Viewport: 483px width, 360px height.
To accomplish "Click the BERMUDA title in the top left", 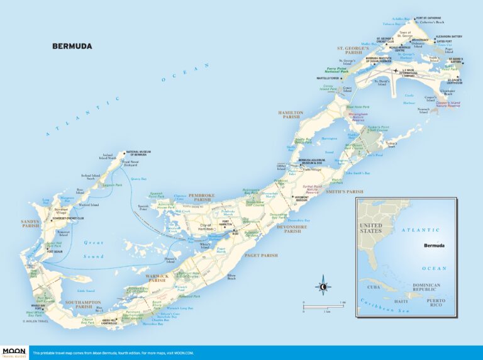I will click(72, 46).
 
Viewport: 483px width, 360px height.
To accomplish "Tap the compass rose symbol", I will click(323, 286).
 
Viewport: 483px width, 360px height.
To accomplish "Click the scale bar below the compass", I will click(323, 305).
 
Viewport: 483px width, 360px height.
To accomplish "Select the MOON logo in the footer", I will click(13, 352).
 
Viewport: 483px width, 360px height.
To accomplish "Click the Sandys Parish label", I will click(30, 223).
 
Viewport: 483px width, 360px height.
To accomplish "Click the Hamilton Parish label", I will click(291, 115).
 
